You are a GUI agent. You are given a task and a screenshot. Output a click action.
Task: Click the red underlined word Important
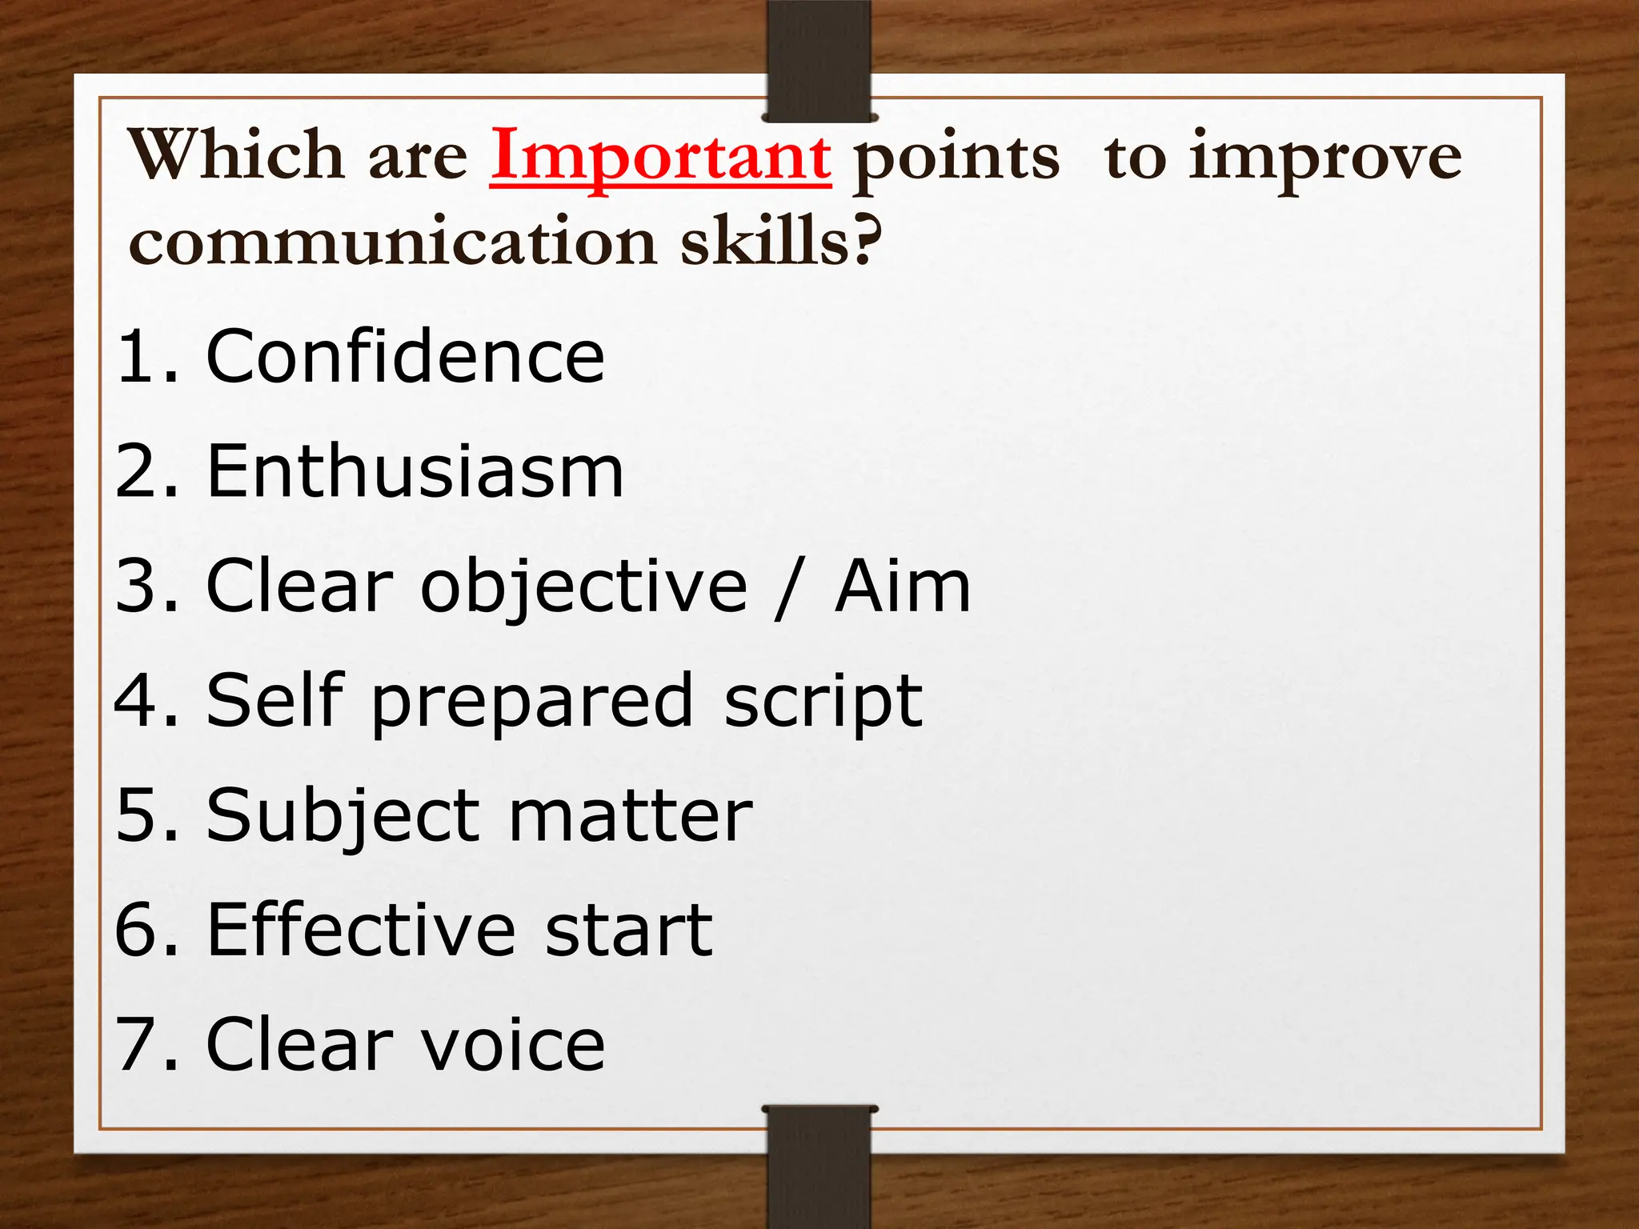tap(660, 158)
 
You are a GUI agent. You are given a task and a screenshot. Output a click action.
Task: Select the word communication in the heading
tap(393, 242)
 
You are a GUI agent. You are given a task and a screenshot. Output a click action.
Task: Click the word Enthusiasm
tap(415, 471)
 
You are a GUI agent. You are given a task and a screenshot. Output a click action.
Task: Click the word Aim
tap(902, 586)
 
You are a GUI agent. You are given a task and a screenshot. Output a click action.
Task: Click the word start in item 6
tap(628, 931)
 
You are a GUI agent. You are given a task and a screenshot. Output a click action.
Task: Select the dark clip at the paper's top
tap(819, 60)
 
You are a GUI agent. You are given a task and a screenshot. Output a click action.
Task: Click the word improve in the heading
tap(1324, 159)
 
